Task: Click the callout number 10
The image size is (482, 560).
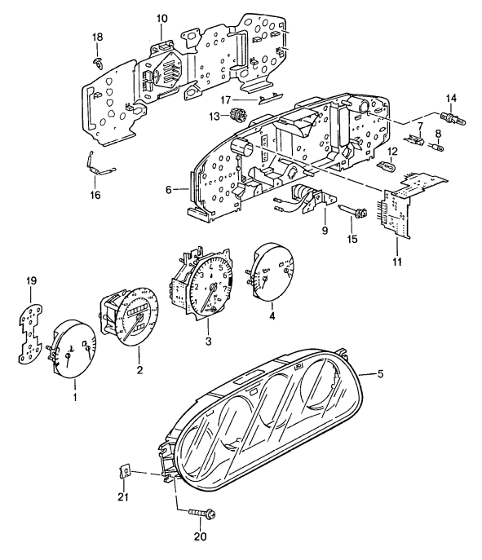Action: click(161, 18)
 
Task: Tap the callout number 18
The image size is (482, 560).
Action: click(97, 37)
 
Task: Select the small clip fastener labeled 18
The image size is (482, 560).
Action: click(98, 61)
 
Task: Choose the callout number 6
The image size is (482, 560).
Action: click(169, 189)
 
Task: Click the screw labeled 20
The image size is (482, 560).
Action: click(198, 514)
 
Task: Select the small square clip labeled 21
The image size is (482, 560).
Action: click(126, 472)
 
